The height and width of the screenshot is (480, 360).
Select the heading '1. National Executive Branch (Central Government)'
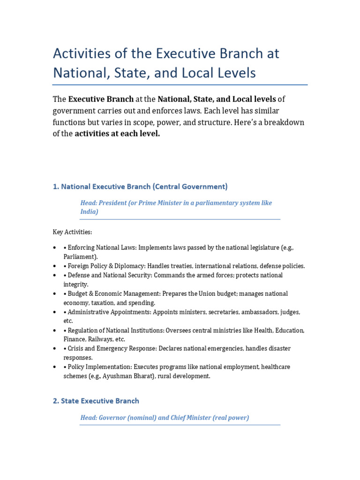(x=140, y=187)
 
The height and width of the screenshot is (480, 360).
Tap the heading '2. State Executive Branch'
(x=96, y=401)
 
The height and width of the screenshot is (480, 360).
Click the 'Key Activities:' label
(x=72, y=232)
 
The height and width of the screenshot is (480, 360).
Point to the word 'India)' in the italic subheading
(x=89, y=212)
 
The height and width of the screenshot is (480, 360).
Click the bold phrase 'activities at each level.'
(x=117, y=134)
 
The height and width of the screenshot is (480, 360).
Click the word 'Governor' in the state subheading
(x=112, y=418)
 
